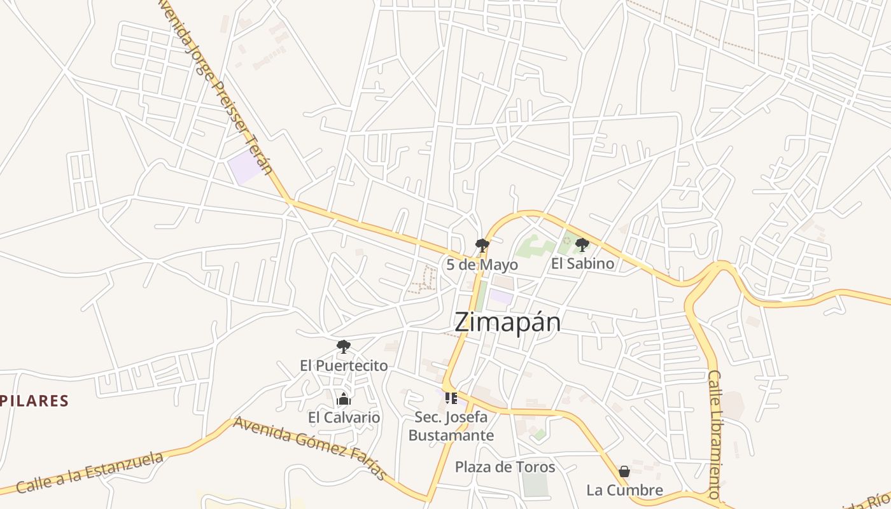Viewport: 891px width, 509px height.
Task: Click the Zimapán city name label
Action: click(507, 323)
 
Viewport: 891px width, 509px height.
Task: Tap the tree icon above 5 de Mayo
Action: click(482, 245)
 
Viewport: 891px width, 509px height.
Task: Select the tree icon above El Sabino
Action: click(582, 244)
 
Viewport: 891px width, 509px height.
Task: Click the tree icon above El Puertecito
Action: click(344, 347)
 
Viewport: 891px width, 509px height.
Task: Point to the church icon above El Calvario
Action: click(344, 400)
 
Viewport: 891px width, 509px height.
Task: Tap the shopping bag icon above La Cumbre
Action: click(624, 471)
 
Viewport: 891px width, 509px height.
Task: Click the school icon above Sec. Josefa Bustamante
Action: click(451, 398)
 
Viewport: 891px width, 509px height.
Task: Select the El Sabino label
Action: click(582, 263)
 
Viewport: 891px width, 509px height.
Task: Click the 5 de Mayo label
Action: click(482, 265)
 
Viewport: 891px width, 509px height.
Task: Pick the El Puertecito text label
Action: click(344, 366)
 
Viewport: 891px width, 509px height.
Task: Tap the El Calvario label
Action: click(344, 418)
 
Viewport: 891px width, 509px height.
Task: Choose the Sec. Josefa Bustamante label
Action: click(451, 427)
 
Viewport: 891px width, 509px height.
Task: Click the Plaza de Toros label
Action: click(505, 468)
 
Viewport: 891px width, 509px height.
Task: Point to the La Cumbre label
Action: click(624, 491)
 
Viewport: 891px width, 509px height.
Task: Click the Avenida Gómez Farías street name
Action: click(310, 448)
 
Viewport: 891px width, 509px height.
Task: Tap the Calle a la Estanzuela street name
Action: click(90, 472)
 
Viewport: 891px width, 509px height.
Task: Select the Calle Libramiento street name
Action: click(715, 434)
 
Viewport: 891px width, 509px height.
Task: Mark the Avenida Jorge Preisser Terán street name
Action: click(216, 86)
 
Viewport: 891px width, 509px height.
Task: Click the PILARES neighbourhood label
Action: click(34, 401)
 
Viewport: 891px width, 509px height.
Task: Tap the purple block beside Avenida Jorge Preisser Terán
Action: click(245, 167)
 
